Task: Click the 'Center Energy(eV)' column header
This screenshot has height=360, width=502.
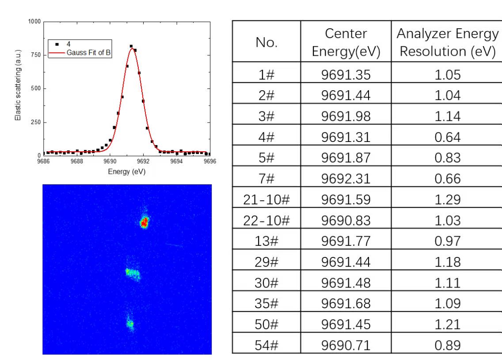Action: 346,42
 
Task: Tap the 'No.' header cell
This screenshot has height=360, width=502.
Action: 266,42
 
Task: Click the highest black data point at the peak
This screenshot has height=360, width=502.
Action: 131,46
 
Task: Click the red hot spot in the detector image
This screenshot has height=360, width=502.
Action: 144,222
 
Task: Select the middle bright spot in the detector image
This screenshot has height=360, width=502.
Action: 133,274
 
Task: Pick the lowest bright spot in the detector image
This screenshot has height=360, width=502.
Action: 130,324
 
